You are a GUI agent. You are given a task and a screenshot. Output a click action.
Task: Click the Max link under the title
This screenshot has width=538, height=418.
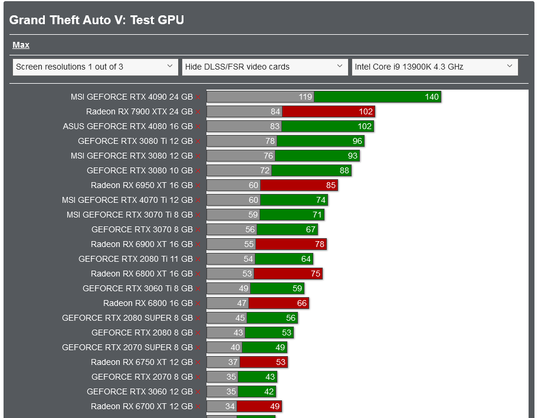pyautogui.click(x=21, y=45)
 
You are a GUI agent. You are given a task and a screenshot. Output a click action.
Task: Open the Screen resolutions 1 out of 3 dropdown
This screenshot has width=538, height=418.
pyautogui.click(x=95, y=67)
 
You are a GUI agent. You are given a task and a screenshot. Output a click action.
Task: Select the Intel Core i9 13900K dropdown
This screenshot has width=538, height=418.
pyautogui.click(x=435, y=67)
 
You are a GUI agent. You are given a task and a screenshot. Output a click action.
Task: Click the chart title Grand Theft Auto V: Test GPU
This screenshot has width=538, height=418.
pyautogui.click(x=97, y=20)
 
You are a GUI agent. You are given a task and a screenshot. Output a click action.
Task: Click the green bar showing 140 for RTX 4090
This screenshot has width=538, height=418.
pyautogui.click(x=378, y=97)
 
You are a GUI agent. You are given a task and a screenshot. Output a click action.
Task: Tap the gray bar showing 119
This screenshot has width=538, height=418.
pyautogui.click(x=260, y=97)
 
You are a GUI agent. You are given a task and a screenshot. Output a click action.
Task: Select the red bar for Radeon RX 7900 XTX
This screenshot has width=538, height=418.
pyautogui.click(x=329, y=111)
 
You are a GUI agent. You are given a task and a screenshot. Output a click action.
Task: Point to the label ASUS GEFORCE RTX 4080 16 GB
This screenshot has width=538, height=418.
pyautogui.click(x=128, y=126)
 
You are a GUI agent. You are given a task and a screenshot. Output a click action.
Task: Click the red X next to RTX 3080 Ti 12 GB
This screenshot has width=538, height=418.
pyautogui.click(x=198, y=141)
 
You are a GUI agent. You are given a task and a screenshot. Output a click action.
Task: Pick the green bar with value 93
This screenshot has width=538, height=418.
pyautogui.click(x=317, y=156)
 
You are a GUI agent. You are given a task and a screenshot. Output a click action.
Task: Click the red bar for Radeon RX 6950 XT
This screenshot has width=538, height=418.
pyautogui.click(x=298, y=185)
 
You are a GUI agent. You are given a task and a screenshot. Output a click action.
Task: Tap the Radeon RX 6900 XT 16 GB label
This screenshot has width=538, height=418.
pyautogui.click(x=142, y=244)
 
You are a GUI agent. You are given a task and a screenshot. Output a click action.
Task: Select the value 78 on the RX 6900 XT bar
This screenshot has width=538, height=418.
pyautogui.click(x=318, y=244)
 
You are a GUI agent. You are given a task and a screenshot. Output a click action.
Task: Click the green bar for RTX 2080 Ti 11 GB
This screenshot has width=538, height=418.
pyautogui.click(x=284, y=259)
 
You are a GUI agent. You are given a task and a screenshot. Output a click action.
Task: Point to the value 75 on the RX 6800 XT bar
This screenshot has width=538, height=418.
pyautogui.click(x=315, y=274)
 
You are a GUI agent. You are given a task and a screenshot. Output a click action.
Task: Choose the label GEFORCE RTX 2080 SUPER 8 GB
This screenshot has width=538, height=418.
pyautogui.click(x=127, y=318)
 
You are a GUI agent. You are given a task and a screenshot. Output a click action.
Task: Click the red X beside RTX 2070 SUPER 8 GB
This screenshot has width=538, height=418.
pyautogui.click(x=198, y=348)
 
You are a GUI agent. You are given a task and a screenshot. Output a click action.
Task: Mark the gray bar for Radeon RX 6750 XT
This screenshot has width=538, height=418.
pyautogui.click(x=223, y=362)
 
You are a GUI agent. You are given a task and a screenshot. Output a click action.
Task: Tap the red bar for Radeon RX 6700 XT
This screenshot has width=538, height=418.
pyautogui.click(x=259, y=406)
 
